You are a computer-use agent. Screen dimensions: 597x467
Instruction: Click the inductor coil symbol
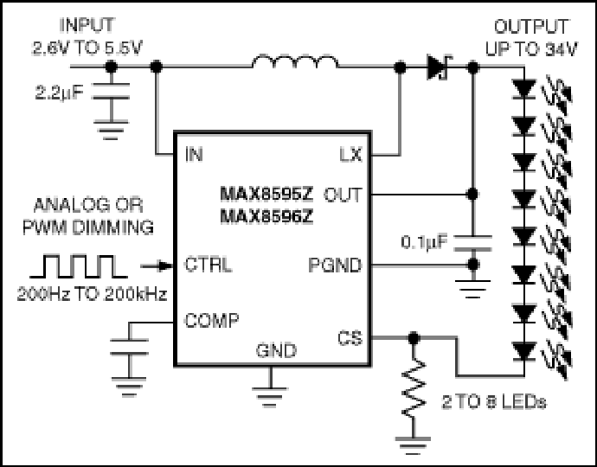[x=295, y=62]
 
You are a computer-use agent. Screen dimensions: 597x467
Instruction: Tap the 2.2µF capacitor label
[x=59, y=93]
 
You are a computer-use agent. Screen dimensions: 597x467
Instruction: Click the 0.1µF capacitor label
[x=425, y=242]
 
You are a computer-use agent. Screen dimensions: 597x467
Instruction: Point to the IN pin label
[x=194, y=155]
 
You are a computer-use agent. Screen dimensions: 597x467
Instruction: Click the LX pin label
[x=350, y=155]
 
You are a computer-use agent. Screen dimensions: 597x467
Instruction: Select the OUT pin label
[x=343, y=195]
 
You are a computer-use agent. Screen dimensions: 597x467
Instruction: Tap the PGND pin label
[x=335, y=265]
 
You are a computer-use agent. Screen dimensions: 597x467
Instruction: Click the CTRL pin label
[x=208, y=264]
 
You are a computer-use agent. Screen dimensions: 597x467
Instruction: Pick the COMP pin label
[x=212, y=321]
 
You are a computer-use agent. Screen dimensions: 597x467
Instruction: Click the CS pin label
[x=350, y=338]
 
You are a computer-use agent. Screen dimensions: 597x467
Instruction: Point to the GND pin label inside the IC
[x=276, y=350]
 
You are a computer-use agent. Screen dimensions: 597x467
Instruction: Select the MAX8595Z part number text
[x=266, y=194]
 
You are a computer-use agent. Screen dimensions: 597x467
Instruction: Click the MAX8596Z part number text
[x=266, y=216]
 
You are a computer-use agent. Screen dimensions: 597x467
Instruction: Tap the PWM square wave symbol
[x=79, y=266]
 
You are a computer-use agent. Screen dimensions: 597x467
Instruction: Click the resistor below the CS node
[x=414, y=387]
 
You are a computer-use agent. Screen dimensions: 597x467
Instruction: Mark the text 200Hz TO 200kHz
[x=92, y=294]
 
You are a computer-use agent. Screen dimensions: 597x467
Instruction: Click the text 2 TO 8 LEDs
[x=494, y=402]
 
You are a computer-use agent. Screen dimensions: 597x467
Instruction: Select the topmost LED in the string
[x=524, y=89]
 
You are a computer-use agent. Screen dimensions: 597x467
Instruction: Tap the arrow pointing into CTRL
[x=157, y=266]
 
